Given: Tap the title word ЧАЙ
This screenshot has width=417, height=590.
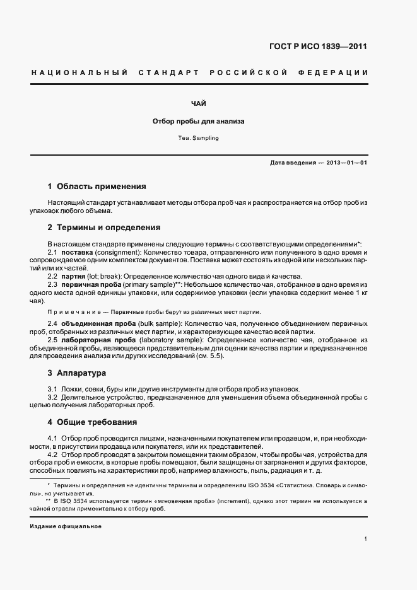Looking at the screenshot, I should (199, 103).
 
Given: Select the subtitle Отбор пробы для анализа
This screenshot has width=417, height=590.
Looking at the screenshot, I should (199, 121).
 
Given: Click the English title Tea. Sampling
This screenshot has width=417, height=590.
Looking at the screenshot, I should (199, 137).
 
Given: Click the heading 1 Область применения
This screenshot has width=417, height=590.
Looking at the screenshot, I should (97, 187).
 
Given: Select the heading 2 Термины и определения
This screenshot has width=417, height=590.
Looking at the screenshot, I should (103, 228).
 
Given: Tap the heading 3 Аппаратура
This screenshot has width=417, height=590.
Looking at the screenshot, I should (77, 373).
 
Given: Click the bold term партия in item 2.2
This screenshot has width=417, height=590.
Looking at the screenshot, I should (74, 276).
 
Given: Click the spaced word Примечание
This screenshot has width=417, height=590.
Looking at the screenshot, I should (72, 312).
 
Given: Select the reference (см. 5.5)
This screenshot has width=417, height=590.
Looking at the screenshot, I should (208, 357).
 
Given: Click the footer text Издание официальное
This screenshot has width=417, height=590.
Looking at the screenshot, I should (66, 526).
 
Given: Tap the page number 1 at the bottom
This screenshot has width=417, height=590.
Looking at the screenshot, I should (366, 539).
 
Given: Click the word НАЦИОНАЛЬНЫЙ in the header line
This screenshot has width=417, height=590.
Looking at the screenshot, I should (79, 73).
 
